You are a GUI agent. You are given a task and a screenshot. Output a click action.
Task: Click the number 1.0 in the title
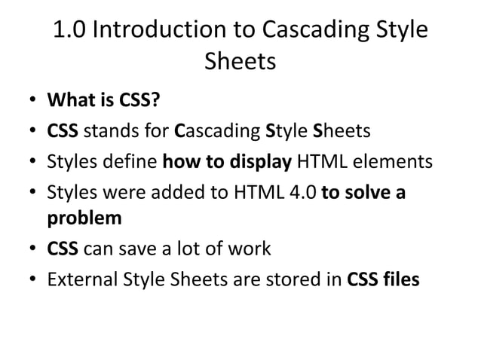click(70, 30)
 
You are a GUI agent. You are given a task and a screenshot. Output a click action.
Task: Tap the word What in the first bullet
click(67, 101)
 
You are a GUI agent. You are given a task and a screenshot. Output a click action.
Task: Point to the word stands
click(106, 131)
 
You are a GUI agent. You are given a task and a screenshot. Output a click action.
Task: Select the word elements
click(394, 161)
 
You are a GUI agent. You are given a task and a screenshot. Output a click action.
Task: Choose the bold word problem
click(84, 219)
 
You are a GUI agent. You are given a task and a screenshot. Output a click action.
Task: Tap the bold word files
click(399, 279)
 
